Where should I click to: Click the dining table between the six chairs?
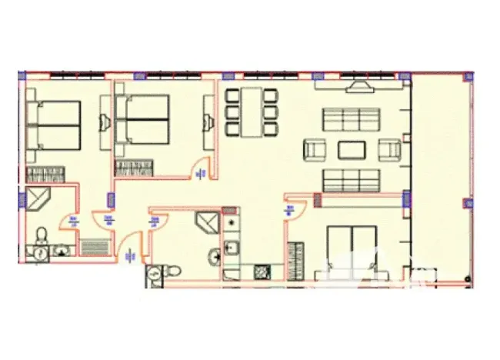[x=251, y=112]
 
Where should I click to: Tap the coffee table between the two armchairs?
[x=352, y=148]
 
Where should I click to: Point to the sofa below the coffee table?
[x=352, y=180]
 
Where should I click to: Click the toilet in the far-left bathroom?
[x=45, y=233]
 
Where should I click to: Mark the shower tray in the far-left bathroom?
[x=38, y=200]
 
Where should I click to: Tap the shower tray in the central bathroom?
[x=208, y=223]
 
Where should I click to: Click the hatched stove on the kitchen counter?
[x=262, y=272]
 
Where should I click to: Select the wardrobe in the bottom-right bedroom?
[x=293, y=262]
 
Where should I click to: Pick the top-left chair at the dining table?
[x=232, y=95]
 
